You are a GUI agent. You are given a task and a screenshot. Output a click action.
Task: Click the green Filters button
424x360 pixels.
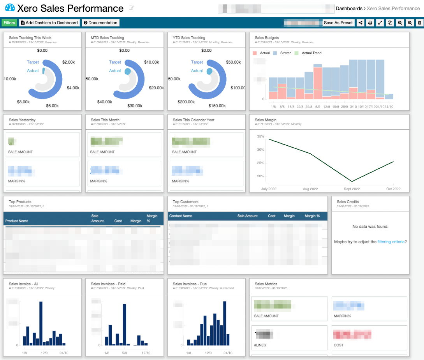coord(9,23)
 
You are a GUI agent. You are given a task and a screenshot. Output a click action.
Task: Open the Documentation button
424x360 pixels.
coord(100,23)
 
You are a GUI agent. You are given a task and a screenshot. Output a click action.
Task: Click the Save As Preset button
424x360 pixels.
coord(338,23)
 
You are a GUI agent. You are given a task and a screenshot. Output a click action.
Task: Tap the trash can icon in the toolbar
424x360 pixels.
coord(419,23)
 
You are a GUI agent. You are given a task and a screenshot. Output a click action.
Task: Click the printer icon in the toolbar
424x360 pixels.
coord(370,23)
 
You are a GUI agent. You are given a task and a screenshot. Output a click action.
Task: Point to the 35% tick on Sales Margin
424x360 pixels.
coord(260,136)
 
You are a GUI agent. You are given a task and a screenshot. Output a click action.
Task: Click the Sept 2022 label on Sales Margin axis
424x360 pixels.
coord(352,189)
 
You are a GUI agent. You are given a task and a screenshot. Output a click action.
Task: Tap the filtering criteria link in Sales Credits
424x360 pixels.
coord(391,242)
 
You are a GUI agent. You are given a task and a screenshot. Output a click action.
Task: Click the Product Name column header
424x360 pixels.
coord(17,221)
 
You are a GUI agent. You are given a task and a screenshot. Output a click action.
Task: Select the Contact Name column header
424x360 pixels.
coord(181,216)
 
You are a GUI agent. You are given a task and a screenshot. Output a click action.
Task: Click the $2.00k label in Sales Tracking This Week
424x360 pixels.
coord(68,62)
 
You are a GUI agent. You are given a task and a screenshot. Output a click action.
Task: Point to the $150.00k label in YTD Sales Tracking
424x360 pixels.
coord(216,106)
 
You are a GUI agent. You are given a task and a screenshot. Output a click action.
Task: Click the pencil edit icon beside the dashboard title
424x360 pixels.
coord(132,8)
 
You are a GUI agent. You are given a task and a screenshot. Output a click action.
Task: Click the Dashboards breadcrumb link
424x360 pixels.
coord(349,8)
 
